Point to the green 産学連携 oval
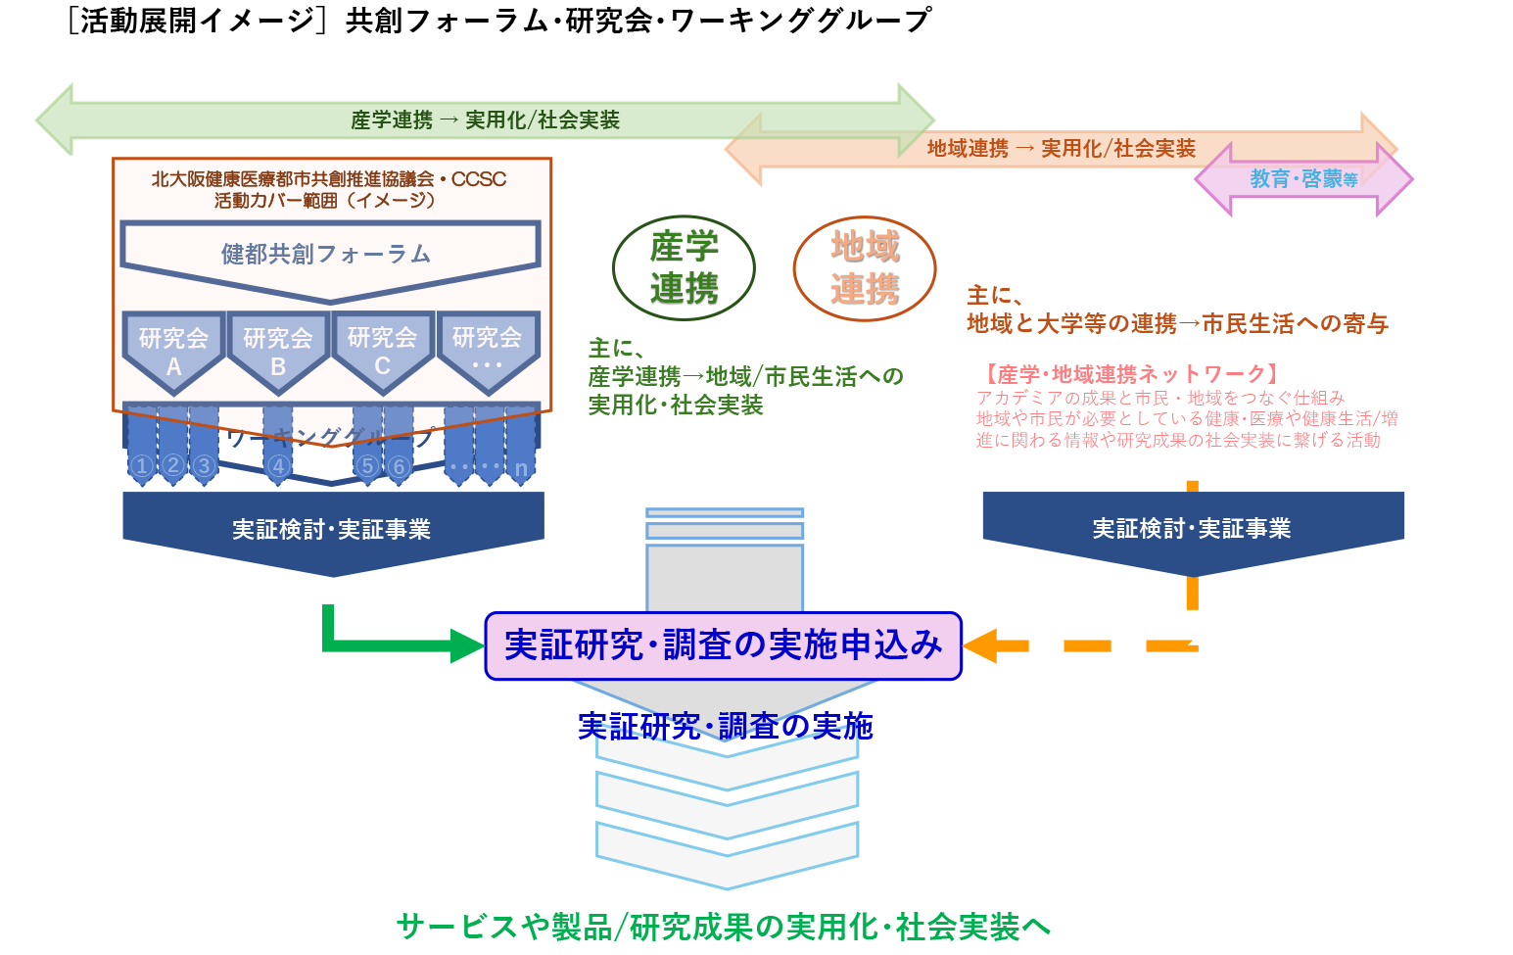click(684, 267)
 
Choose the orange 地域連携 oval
click(865, 267)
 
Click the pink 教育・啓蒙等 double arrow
click(1303, 179)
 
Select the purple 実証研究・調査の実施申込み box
click(724, 645)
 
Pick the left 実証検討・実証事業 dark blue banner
click(333, 530)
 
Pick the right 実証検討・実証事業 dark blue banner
click(1193, 529)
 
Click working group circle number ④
click(278, 466)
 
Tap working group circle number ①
click(142, 466)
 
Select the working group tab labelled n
click(521, 468)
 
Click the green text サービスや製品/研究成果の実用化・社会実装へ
click(723, 927)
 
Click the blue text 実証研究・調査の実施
click(725, 727)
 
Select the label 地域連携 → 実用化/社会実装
click(1062, 149)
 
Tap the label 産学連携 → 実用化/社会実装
click(486, 120)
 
